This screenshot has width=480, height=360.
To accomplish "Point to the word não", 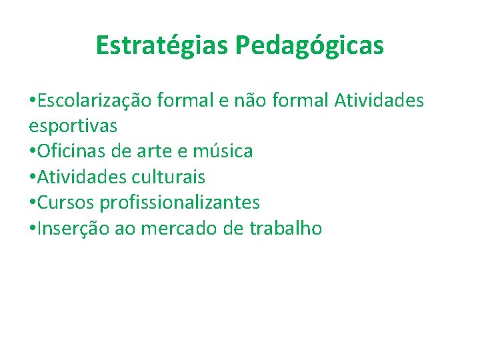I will click(255, 100).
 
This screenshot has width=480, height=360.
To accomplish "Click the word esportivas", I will click(73, 126).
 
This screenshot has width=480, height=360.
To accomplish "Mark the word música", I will click(223, 151).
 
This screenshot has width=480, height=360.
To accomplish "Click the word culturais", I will click(168, 177).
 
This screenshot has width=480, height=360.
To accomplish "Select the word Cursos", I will click(66, 203).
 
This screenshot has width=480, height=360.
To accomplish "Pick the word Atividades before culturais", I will click(83, 177).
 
